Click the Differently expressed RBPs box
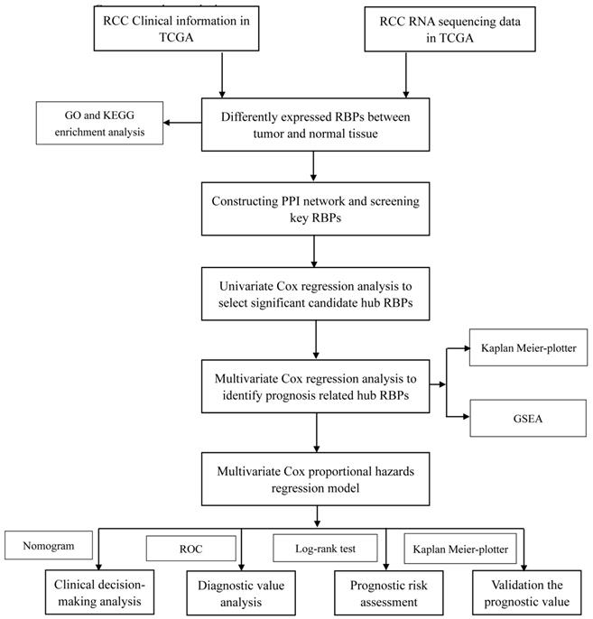tap(312, 124)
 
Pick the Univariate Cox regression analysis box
tap(312, 293)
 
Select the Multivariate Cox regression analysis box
tap(312, 384)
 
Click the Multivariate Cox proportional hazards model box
tap(312, 479)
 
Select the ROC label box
tap(191, 547)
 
